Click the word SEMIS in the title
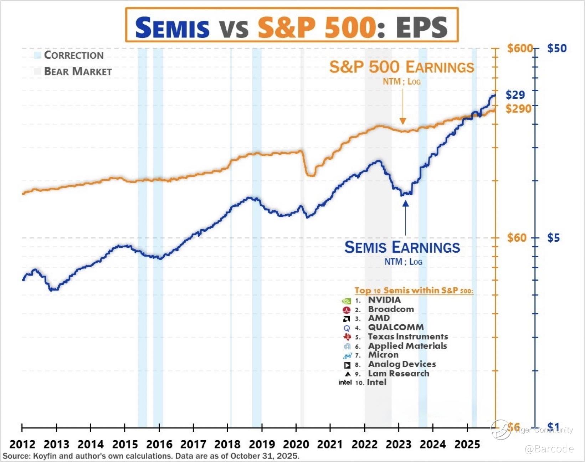click(x=172, y=28)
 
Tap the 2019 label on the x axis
click(x=262, y=444)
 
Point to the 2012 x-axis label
click(x=22, y=444)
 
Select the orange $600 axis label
click(x=519, y=48)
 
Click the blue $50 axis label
click(x=556, y=48)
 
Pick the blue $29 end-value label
click(x=515, y=95)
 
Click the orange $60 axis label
click(x=517, y=238)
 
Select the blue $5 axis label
click(x=553, y=238)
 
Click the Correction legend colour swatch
click(x=37, y=55)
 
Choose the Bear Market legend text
click(x=78, y=72)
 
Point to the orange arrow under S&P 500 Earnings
click(x=403, y=107)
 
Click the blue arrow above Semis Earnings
click(x=406, y=217)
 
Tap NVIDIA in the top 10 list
click(x=384, y=300)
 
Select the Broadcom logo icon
click(x=346, y=310)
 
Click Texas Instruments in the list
click(x=408, y=337)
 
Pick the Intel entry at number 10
click(x=377, y=382)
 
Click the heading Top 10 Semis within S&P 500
click(x=414, y=291)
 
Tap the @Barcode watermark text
click(x=549, y=449)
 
